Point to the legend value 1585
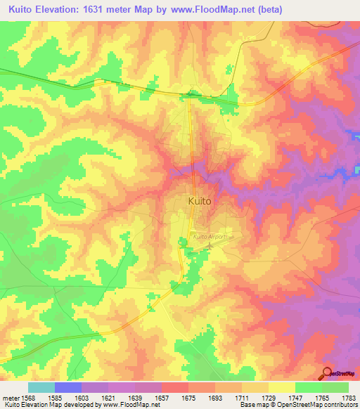coord(67,398)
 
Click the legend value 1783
coord(349,398)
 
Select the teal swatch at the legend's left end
coord(41,387)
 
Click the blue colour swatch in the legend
coord(67,387)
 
